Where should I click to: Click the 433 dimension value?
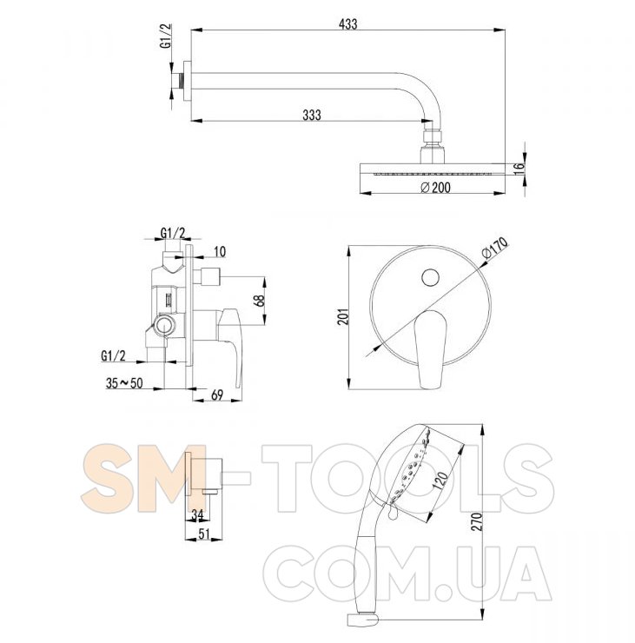(348, 24)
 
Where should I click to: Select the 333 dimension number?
(312, 116)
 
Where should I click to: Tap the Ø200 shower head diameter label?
(435, 188)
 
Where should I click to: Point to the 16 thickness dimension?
(519, 168)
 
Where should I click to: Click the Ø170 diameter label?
(495, 248)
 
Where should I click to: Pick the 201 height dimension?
(343, 316)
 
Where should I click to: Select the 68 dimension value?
(259, 302)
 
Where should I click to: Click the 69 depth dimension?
(217, 394)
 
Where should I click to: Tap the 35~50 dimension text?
(124, 383)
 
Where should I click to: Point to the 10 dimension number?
(220, 251)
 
